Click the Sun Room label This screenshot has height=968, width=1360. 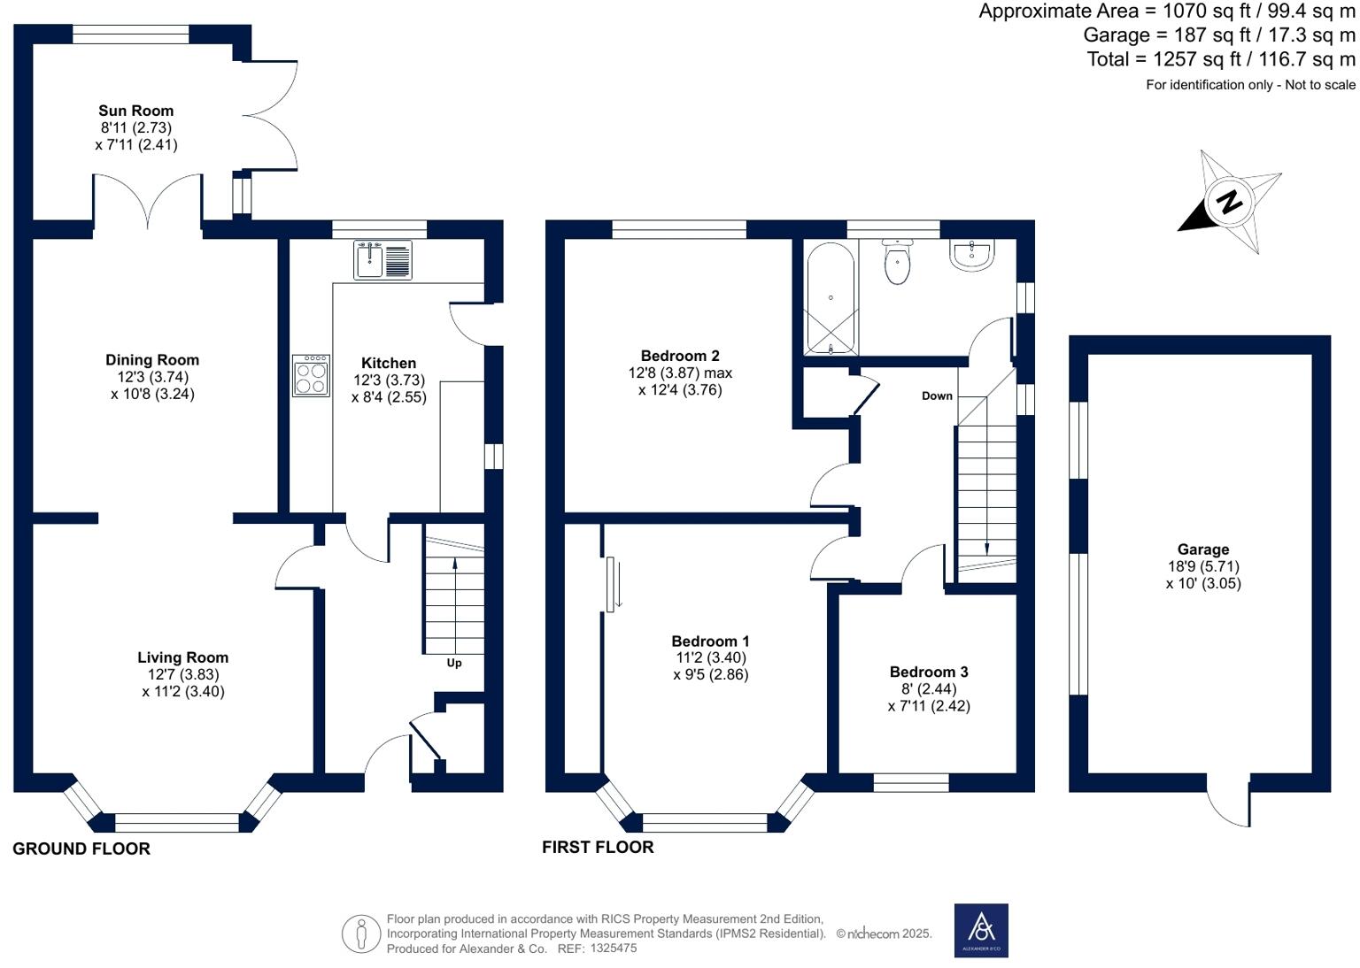click(x=136, y=111)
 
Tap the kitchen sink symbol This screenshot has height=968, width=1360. click(x=382, y=260)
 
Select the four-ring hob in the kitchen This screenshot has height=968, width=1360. click(x=311, y=376)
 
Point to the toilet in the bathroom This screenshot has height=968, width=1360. click(x=897, y=262)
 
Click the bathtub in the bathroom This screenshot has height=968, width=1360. click(x=831, y=298)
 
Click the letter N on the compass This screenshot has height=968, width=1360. click(x=1230, y=201)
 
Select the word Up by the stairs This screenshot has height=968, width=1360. click(x=454, y=664)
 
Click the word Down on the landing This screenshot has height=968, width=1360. click(x=937, y=396)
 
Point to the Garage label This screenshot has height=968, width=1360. click(x=1202, y=549)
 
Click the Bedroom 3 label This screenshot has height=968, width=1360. click(x=929, y=672)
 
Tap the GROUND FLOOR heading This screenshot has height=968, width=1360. click(x=81, y=849)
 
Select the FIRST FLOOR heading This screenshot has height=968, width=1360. click(x=598, y=847)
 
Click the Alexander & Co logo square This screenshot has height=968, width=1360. click(x=981, y=930)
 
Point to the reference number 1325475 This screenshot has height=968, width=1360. click(x=614, y=948)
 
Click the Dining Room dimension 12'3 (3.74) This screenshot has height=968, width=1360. click(x=152, y=377)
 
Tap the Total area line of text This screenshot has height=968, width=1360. click(x=1221, y=59)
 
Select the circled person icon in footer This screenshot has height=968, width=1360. click(x=361, y=934)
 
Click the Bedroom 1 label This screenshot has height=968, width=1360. click(x=710, y=641)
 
